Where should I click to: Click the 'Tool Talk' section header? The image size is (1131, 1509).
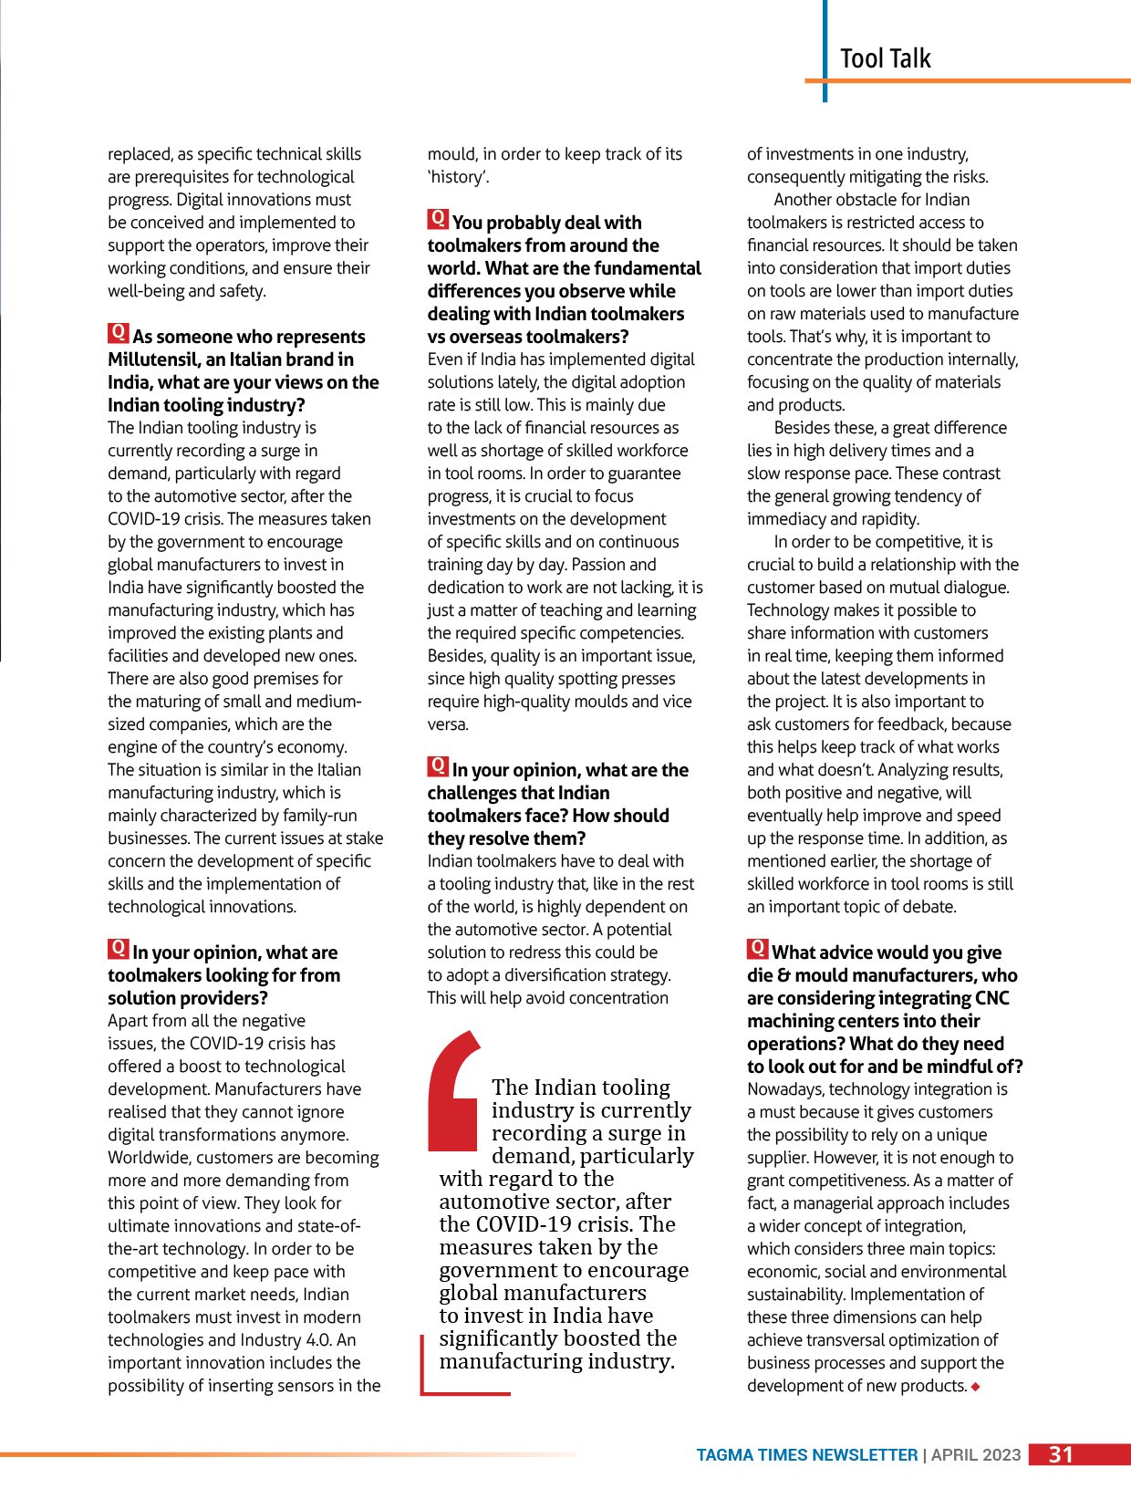(885, 58)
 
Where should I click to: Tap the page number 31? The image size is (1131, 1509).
(1061, 1454)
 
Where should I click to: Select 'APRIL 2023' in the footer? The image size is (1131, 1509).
(976, 1455)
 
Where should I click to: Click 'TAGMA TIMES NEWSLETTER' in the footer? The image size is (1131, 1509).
(807, 1455)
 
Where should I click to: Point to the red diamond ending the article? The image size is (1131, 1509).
(976, 1387)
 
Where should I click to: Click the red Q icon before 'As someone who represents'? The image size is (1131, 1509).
(118, 333)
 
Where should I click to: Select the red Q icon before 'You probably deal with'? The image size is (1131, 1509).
(438, 219)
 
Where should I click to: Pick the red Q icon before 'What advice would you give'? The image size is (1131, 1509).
(757, 949)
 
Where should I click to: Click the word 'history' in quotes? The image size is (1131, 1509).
(458, 177)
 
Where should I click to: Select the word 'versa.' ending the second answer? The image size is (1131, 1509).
(448, 724)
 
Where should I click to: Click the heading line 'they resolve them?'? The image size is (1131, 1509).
(506, 838)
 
